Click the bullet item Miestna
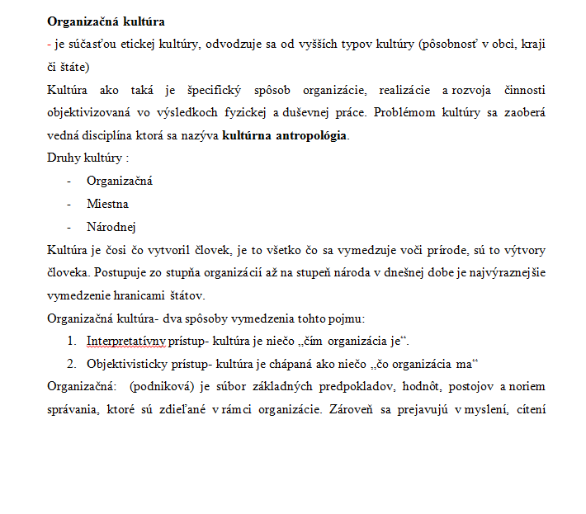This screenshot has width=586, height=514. pos(107,204)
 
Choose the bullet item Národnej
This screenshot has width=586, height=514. pos(111,226)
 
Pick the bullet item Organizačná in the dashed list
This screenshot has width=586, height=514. pos(120,181)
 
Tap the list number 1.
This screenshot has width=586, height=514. pos(72,341)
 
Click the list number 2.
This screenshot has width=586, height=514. pos(72,364)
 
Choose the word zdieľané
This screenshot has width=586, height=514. pos(211,409)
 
